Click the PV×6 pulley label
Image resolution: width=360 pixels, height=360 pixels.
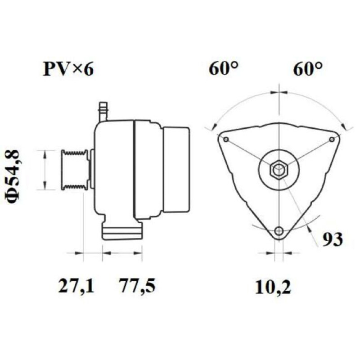tap(68, 69)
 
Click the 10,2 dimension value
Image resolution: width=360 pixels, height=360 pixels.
tap(273, 288)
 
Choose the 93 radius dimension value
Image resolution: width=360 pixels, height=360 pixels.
tap(333, 239)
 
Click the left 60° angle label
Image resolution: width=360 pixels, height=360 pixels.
tap(223, 68)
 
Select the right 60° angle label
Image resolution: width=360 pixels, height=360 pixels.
tap(308, 68)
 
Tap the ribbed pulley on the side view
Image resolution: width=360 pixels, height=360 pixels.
tap(75, 170)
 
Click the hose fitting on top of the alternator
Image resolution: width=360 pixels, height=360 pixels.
tap(103, 111)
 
